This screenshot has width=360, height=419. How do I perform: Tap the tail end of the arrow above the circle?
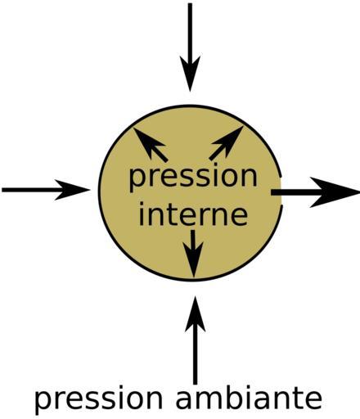190,4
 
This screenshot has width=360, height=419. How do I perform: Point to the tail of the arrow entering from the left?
2,190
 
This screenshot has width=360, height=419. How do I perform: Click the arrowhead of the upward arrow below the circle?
195,313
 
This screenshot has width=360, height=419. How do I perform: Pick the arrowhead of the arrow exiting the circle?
335,192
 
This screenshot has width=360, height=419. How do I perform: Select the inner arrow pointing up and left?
151,145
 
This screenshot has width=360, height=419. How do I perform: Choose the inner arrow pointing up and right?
226,143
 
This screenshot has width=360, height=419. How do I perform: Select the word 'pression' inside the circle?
193,178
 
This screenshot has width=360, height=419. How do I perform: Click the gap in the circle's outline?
281,191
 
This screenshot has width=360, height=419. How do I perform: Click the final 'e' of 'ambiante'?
313,399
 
